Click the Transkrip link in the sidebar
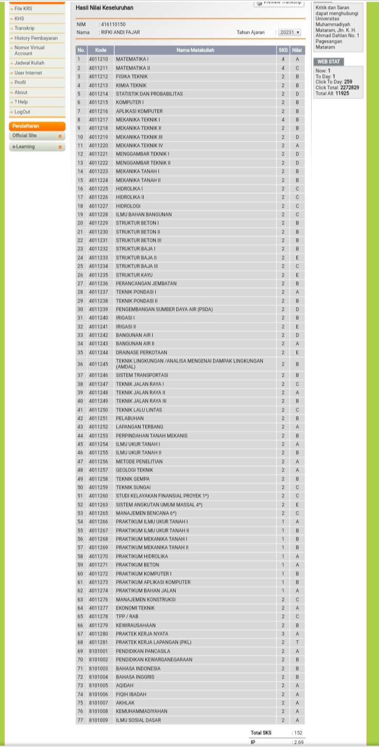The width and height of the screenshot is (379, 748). coord(24,28)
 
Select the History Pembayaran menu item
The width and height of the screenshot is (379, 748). coord(36,38)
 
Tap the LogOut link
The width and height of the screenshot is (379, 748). coord(22,112)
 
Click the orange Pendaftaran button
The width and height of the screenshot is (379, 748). coord(37,126)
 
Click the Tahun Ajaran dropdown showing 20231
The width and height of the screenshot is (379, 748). coord(290,32)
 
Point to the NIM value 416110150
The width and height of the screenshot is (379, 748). coord(113,24)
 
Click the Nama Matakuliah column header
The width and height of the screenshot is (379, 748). coord(195,50)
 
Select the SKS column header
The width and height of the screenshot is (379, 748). coord(283,50)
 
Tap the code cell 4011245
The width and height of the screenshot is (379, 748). coord(98,363)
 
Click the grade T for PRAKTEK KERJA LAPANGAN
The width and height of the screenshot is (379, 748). coord(297,642)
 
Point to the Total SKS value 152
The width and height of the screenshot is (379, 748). coord(298,733)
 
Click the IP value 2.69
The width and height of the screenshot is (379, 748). coord(298,742)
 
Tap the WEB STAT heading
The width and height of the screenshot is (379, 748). coord(328,62)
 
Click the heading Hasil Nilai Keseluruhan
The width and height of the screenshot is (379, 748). coord(104,8)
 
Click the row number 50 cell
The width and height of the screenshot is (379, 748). coord(81,487)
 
